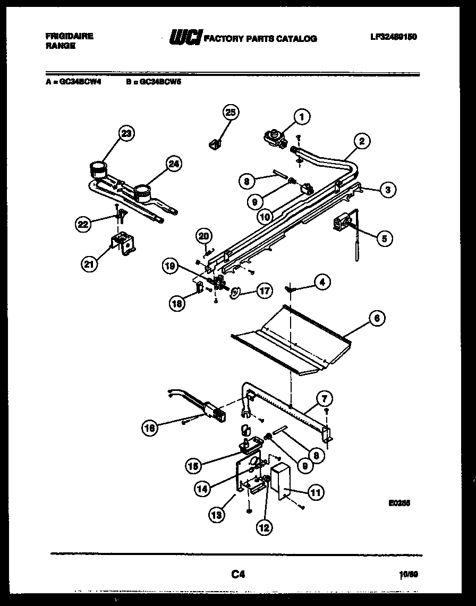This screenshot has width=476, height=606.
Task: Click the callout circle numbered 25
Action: (x=229, y=112)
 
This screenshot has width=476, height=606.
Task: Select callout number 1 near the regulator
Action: (x=301, y=116)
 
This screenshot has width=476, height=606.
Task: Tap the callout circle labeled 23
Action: (x=125, y=133)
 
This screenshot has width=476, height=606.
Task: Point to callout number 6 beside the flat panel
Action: (x=376, y=318)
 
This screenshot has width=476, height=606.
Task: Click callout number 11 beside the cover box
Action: (x=316, y=492)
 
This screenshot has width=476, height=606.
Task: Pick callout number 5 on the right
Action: (x=383, y=238)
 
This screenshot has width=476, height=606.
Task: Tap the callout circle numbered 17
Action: (x=264, y=291)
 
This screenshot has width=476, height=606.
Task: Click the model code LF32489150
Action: (x=393, y=37)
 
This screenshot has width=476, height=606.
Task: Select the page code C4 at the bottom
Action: (x=238, y=574)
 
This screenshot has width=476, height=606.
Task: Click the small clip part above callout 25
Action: (x=215, y=144)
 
